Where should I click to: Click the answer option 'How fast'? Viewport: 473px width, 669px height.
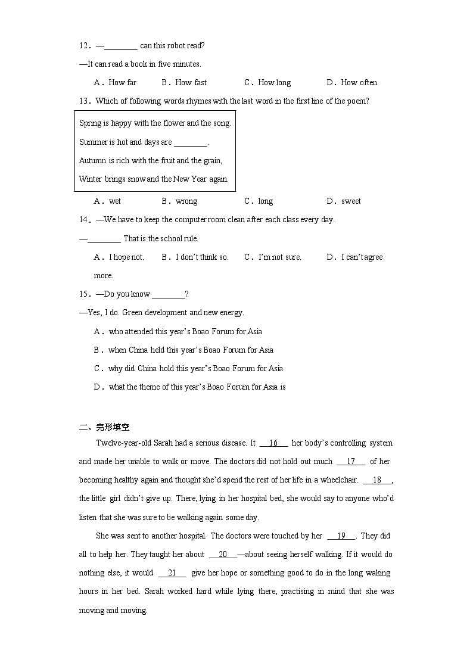(x=191, y=82)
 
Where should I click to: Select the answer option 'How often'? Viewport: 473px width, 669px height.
(x=359, y=82)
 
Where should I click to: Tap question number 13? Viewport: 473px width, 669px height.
(x=85, y=101)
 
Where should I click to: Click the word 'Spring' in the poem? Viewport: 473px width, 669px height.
(x=91, y=123)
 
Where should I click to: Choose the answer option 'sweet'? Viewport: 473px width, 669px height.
(x=351, y=201)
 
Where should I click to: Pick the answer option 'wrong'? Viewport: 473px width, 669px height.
(x=186, y=201)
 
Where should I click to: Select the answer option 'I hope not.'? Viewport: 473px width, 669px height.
(x=126, y=257)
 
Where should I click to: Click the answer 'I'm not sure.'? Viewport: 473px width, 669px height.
(x=279, y=257)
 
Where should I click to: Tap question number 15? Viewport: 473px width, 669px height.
(x=85, y=294)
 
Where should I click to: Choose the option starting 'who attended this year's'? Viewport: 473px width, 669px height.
(x=185, y=331)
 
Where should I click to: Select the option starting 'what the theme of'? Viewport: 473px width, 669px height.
(x=197, y=387)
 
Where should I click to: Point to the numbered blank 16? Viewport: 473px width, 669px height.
(x=273, y=443)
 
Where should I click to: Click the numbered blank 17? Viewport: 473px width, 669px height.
(x=351, y=461)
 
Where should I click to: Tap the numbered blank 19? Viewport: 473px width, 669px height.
(x=341, y=536)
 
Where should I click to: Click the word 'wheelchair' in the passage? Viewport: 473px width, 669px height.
(x=338, y=480)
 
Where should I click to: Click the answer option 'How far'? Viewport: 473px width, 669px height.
(x=122, y=82)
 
